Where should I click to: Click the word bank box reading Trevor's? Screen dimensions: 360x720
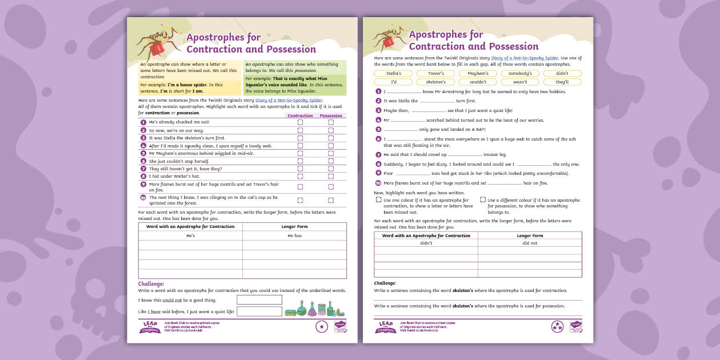tap(435, 74)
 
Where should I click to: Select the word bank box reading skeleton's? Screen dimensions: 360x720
tap(435, 82)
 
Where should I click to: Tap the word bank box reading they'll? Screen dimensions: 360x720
tap(562, 82)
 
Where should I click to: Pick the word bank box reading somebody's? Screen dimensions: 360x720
tap(520, 74)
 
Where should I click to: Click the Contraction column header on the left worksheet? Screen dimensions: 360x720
tap(300, 116)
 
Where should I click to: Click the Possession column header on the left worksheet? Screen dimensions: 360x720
tap(331, 116)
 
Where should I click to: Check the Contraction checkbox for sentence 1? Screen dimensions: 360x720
tap(300, 122)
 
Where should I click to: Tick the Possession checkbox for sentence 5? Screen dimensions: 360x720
tap(331, 154)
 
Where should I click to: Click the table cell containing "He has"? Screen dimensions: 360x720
tap(294, 235)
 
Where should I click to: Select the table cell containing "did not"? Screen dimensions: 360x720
tap(530, 243)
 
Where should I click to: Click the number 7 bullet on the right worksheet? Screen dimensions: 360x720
tap(378, 155)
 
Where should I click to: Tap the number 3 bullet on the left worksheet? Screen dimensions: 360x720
tap(143, 138)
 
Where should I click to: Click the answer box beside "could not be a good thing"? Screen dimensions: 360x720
tap(259, 299)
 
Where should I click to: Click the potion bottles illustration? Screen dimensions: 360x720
tap(315, 309)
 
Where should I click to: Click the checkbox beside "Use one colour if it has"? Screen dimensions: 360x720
tap(378, 200)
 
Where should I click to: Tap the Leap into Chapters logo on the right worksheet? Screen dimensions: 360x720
tap(386, 326)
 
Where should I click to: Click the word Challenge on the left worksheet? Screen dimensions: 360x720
tap(151, 284)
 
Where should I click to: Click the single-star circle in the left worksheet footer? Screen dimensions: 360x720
tap(322, 326)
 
